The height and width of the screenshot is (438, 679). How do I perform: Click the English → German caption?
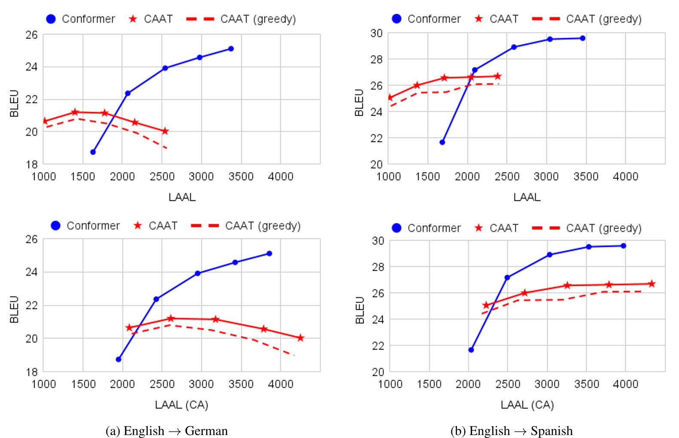(167, 430)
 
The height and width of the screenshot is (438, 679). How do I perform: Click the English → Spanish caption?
(512, 430)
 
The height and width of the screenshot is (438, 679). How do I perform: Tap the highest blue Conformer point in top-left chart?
(231, 48)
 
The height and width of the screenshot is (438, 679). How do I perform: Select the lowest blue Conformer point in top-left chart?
(93, 152)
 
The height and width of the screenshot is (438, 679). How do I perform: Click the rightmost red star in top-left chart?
(165, 131)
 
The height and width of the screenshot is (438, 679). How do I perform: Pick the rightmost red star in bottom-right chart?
(652, 284)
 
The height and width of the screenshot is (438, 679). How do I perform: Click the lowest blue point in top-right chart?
(442, 142)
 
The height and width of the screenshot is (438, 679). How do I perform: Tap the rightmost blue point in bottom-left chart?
(269, 253)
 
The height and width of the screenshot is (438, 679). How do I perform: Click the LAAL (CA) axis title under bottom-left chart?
(181, 405)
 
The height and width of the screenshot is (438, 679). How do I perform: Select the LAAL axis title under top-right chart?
(527, 197)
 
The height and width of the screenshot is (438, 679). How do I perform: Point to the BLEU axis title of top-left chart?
(14, 103)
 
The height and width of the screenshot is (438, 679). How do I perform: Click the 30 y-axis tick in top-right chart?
(377, 33)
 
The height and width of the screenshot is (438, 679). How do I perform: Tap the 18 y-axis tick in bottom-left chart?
(32, 372)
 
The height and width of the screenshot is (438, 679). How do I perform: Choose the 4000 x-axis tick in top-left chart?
(280, 176)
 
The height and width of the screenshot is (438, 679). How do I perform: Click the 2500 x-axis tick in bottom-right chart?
(508, 384)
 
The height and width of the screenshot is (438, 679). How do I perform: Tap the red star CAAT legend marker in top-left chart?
(133, 19)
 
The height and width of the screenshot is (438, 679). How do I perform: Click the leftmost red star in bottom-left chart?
(129, 328)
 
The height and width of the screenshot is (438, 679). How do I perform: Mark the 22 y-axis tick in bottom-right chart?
(378, 346)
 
